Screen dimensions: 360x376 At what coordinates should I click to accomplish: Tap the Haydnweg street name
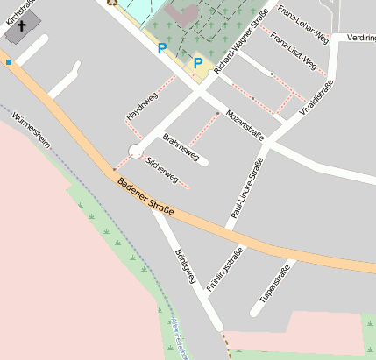point(141,105)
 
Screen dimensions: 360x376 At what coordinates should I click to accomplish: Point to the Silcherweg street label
point(163,171)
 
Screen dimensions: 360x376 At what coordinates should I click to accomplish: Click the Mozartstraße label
point(245,124)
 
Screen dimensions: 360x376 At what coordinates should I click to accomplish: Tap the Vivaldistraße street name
point(317,98)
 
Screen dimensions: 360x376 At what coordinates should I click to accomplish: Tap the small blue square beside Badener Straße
point(9,62)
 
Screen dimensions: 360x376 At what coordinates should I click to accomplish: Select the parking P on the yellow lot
point(198,63)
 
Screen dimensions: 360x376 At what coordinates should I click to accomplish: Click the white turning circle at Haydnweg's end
point(136,151)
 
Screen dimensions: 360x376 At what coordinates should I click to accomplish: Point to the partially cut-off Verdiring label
point(361,39)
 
